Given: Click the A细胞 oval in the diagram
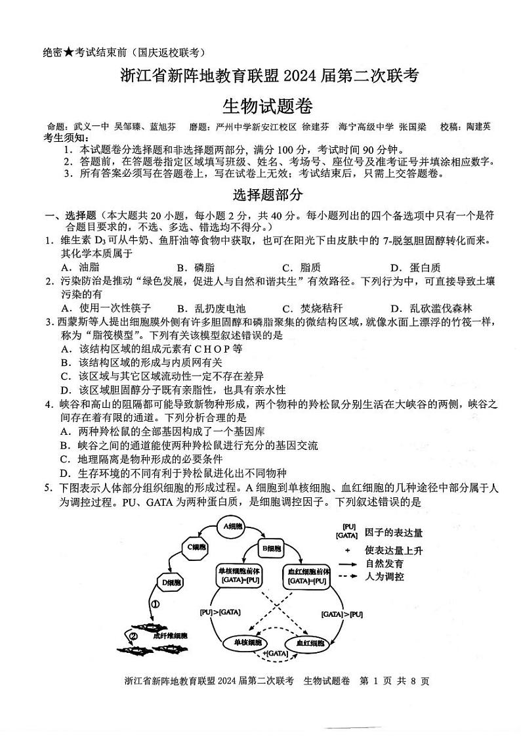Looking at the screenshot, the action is pos(232,526).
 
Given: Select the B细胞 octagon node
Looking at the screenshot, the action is pos(271,548).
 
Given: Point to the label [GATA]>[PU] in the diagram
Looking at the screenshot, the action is pos(342,614).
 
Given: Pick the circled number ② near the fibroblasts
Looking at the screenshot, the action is pos(133,636).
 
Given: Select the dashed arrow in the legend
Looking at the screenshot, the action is pos(348,576).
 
